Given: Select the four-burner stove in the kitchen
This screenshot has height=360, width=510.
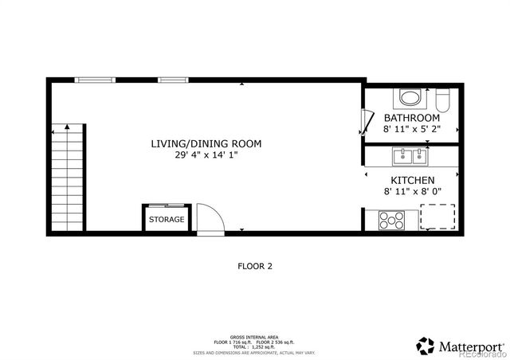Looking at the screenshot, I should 391,218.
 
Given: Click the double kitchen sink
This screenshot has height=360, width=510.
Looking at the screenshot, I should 412,155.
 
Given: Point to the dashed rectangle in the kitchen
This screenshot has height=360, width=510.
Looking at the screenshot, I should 438,216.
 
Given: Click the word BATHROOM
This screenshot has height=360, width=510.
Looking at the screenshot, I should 411,118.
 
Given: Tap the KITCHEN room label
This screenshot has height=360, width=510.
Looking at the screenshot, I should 412,181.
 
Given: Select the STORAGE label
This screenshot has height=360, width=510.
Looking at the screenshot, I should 167,220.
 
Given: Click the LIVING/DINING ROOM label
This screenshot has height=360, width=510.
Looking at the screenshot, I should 206,144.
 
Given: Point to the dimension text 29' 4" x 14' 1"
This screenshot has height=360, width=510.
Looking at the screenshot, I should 206,155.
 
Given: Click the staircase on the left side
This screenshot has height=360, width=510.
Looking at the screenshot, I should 69,179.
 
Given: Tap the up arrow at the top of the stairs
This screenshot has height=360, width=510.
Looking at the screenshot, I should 69,127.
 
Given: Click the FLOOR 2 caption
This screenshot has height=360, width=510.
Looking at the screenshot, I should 255,267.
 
